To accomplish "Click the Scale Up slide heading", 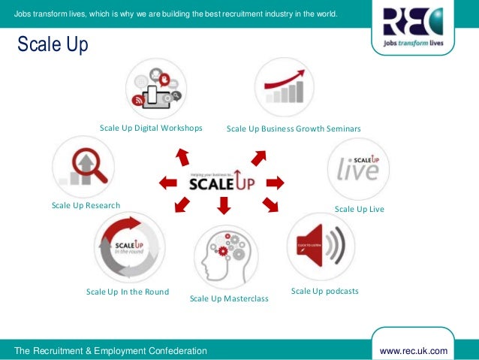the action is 48,46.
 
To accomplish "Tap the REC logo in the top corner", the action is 412,30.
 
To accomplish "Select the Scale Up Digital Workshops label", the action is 151,128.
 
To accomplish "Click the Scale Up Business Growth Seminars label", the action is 294,129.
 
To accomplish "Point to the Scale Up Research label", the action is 86,205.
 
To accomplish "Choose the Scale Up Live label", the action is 359,209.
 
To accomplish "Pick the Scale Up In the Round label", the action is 128,292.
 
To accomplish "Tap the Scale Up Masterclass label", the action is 229,298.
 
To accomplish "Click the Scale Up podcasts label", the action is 324,291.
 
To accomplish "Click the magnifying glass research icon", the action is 83,168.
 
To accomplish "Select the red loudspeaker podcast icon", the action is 321,247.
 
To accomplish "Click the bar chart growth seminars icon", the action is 285,88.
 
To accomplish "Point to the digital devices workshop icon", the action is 156,88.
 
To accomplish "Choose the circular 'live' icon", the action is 358,168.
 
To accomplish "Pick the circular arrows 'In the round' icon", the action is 129,247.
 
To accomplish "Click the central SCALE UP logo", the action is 223,181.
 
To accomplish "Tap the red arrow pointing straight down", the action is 224,204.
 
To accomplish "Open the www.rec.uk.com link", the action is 414,351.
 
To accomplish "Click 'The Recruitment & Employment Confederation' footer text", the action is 110,351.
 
